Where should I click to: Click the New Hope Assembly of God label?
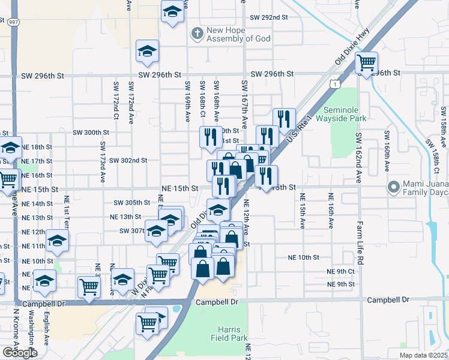(238, 35)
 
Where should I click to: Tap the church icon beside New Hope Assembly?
(196, 34)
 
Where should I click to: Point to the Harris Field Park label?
(229, 334)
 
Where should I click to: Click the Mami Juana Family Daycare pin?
(394, 187)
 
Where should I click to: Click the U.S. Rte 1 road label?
(300, 129)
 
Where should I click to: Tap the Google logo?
(20, 353)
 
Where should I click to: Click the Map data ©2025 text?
(423, 355)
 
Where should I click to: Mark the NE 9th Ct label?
(341, 271)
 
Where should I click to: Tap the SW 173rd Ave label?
(103, 162)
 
